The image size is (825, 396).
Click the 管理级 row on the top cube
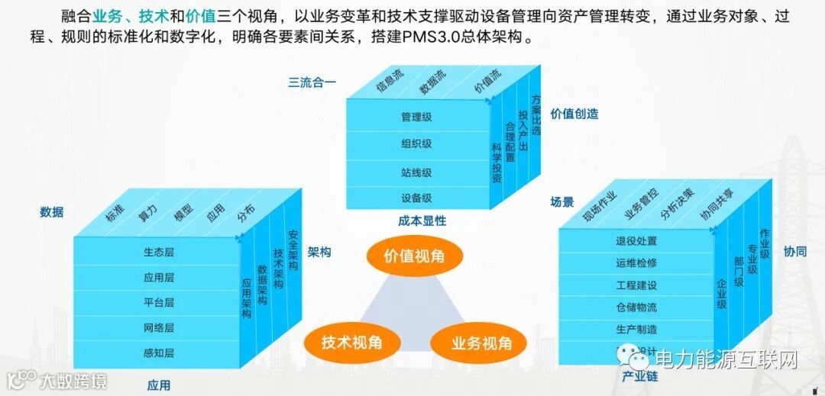tap(416, 118)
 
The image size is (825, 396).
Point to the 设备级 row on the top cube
tap(416, 198)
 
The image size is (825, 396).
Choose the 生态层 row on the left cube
tap(159, 252)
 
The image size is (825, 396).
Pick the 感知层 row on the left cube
tap(159, 353)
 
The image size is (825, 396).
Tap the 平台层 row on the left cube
tap(159, 302)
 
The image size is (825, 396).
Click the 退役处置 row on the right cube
tap(636, 241)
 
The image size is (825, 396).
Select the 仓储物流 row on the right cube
tap(636, 307)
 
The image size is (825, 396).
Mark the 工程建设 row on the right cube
tap(636, 285)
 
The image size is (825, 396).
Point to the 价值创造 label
tap(574, 114)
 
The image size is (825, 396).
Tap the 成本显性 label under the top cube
tap(422, 221)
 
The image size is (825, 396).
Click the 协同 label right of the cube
tap(794, 251)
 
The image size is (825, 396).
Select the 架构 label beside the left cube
tap(319, 251)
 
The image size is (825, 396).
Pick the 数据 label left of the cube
tap(52, 212)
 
